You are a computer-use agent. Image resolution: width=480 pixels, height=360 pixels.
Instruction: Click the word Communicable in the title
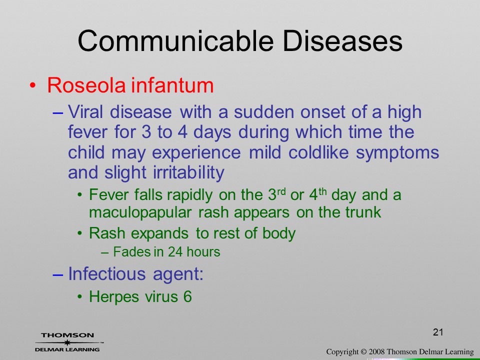pyautogui.click(x=175, y=41)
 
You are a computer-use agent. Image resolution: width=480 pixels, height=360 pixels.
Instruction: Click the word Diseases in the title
pyautogui.click(x=342, y=41)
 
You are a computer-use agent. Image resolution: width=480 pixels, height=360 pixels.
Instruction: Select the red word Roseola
pyautogui.click(x=86, y=85)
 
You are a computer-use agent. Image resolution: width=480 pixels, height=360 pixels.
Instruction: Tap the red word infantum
pyautogui.click(x=172, y=85)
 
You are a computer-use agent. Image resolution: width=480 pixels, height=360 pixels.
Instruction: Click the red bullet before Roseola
pyautogui.click(x=33, y=85)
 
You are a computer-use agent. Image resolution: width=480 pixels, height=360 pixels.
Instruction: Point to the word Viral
pyautogui.click(x=85, y=111)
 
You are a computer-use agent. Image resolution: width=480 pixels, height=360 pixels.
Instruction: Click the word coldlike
pyautogui.click(x=318, y=152)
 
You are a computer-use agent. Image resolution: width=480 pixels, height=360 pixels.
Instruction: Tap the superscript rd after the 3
pyautogui.click(x=281, y=192)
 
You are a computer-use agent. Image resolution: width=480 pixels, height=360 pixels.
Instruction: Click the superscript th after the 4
pyautogui.click(x=322, y=192)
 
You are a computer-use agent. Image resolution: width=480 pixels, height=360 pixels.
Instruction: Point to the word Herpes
pyautogui.click(x=113, y=296)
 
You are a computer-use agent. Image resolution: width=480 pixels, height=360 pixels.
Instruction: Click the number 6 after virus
pyautogui.click(x=187, y=296)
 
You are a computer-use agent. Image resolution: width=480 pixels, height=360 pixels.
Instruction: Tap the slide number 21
pyautogui.click(x=438, y=332)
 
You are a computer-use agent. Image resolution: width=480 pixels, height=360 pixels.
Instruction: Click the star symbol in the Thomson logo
pyautogui.click(x=67, y=342)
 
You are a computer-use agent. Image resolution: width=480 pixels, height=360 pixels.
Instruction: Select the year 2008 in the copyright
pyautogui.click(x=377, y=352)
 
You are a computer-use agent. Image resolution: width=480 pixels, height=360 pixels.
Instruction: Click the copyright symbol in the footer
pyautogui.click(x=363, y=352)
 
